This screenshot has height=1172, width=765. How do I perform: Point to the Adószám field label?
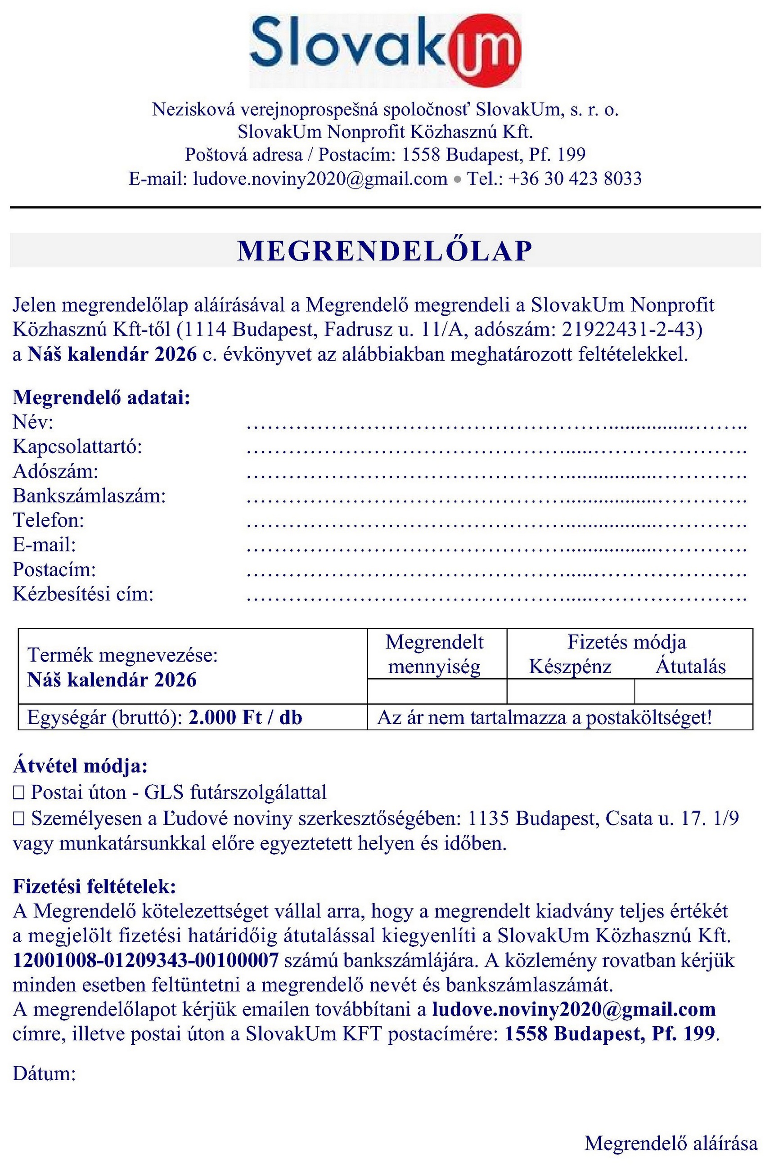(x=56, y=471)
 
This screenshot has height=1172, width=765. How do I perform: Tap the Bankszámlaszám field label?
(x=89, y=496)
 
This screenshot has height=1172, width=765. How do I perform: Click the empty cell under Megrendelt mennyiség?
(x=436, y=691)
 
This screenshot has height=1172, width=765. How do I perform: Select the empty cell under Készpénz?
(x=570, y=691)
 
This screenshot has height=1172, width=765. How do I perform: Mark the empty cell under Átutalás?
(x=693, y=691)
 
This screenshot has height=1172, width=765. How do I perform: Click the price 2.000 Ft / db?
(x=245, y=717)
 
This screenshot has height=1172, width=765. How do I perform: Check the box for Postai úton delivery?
(x=19, y=793)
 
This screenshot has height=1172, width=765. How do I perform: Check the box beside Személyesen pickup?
(x=19, y=819)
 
